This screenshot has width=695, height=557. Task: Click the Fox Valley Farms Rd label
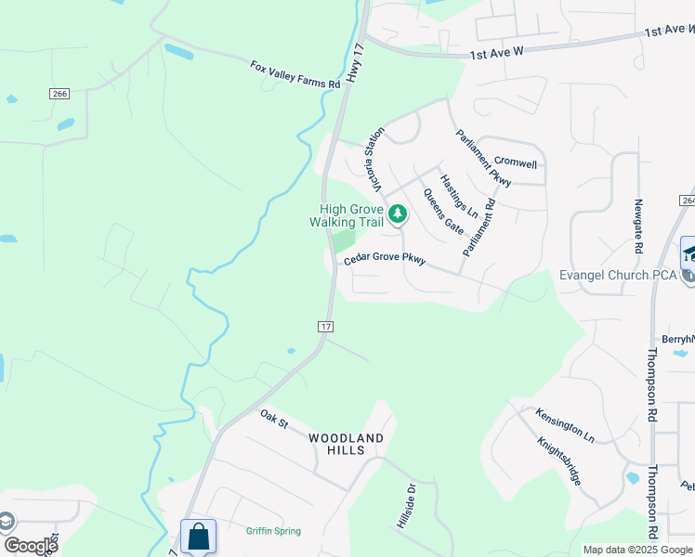tap(295, 74)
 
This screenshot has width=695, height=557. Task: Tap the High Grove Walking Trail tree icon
tap(398, 215)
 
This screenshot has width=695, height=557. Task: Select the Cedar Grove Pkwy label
tap(385, 261)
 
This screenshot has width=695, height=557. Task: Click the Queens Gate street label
tap(443, 211)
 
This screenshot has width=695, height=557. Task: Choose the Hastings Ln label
tap(458, 196)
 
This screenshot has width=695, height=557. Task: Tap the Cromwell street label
tap(516, 163)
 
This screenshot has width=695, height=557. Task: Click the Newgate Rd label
tap(638, 226)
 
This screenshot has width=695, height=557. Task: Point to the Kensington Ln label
tap(565, 422)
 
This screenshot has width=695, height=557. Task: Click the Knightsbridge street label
tap(559, 457)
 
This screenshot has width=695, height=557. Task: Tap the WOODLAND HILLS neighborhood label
tap(346, 444)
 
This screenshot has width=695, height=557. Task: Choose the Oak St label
tap(275, 419)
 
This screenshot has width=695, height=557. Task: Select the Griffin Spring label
tap(273, 531)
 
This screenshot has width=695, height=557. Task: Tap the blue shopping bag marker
tap(199, 537)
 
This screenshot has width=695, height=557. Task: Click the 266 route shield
tap(60, 94)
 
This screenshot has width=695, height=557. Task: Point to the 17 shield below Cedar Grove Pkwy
tap(325, 327)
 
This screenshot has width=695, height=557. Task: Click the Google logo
tap(30, 546)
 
